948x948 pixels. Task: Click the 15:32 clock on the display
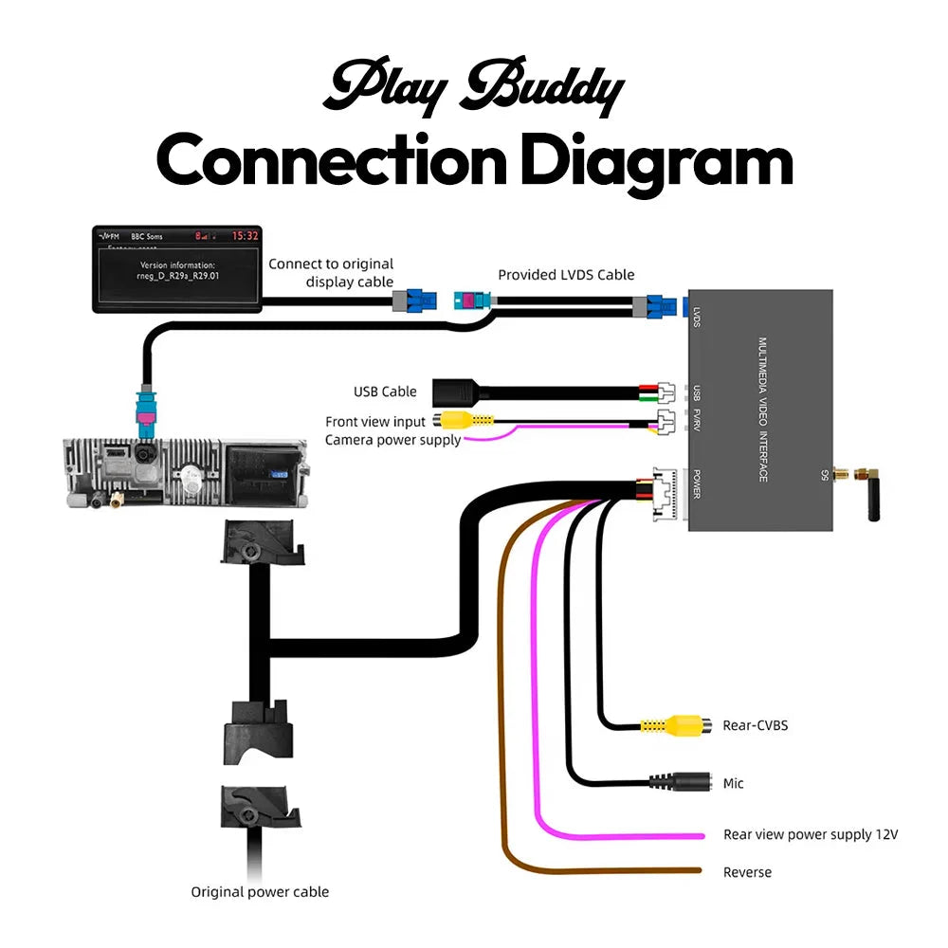246,235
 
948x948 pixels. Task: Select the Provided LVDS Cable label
566,275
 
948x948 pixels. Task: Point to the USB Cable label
385,392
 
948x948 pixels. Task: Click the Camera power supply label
392,440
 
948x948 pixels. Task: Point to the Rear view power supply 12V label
810,835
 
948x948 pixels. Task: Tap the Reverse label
747,872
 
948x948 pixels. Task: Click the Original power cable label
260,891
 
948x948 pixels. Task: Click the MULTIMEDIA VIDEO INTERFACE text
761,410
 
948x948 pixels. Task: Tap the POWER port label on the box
697,483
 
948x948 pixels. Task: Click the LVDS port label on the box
697,316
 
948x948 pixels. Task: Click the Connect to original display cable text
331,273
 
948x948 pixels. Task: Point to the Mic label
733,783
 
